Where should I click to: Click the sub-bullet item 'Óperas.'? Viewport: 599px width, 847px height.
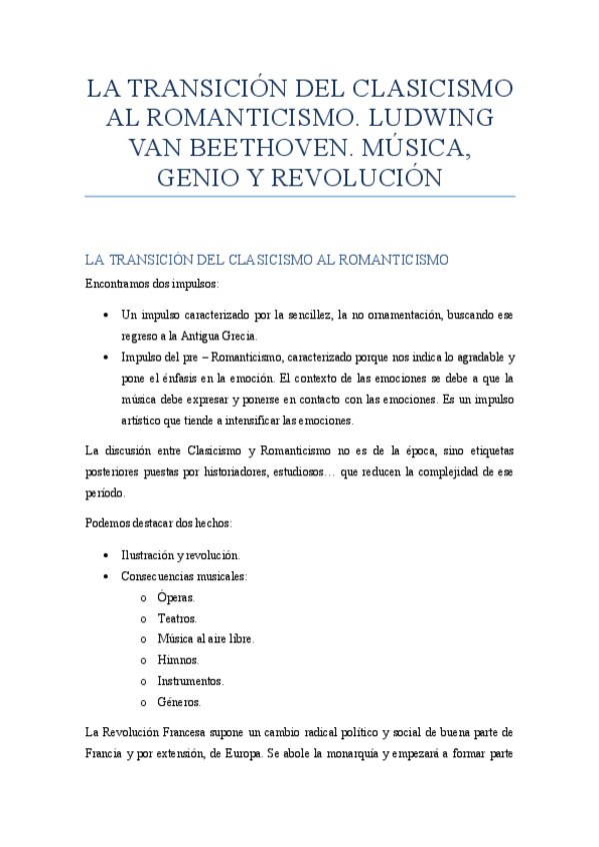pos(176,597)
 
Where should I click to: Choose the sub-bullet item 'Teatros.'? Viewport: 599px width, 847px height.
pos(177,618)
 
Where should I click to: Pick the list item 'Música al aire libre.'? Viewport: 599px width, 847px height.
pos(205,639)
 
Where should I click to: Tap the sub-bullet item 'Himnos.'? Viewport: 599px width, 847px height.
pos(177,660)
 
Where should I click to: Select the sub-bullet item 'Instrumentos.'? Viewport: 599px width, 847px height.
pos(190,681)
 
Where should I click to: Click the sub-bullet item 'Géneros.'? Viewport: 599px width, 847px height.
pos(179,702)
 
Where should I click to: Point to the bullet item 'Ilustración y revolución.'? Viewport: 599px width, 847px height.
pos(180,555)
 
